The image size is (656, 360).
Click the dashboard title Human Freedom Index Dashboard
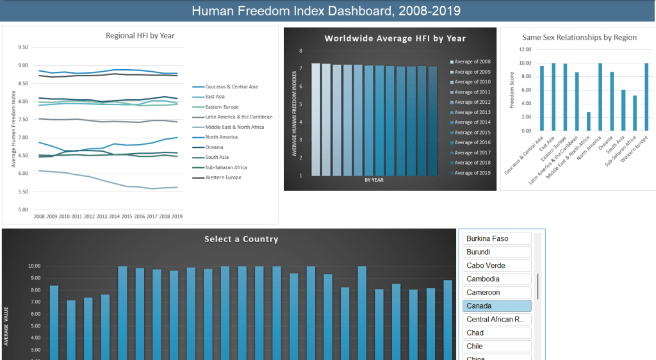(326, 11)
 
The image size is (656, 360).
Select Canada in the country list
(496, 306)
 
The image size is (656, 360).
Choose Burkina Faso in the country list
(496, 238)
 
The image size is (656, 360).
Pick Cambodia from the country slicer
(496, 279)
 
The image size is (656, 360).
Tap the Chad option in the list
(496, 332)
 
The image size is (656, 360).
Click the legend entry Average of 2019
(473, 173)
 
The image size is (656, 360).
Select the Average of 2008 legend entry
(473, 61)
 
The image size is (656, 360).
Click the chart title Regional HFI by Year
(140, 36)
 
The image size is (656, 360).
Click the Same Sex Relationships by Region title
(579, 38)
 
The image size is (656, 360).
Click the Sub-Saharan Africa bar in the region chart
(635, 113)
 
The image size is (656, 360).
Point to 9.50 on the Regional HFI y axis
(24, 47)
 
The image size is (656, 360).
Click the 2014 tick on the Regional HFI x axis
(114, 217)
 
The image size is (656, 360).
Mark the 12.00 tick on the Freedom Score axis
(525, 49)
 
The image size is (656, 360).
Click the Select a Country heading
(241, 239)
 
